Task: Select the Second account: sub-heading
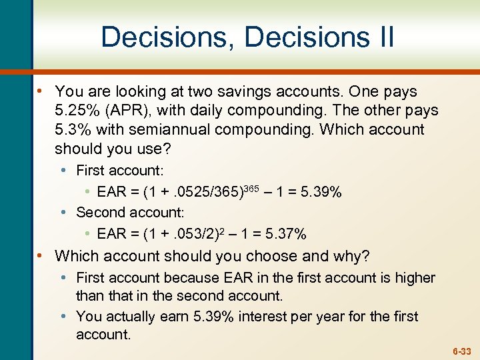[x=130, y=213]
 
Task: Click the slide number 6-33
[x=462, y=350]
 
